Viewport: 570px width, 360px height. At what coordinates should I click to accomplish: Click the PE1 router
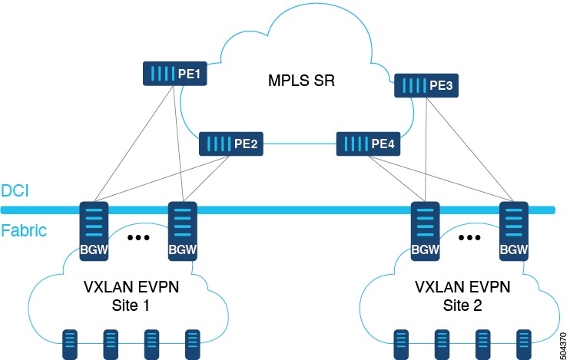(176, 74)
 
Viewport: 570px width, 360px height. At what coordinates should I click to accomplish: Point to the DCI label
(15, 190)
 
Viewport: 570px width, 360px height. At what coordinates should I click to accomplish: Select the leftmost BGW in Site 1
(94, 230)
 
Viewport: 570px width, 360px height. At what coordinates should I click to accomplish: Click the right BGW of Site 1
(182, 230)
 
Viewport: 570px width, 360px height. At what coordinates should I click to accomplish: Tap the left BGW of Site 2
(425, 230)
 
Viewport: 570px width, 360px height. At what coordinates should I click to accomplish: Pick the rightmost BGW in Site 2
(513, 230)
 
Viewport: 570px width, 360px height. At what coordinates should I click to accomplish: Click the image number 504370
(563, 339)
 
